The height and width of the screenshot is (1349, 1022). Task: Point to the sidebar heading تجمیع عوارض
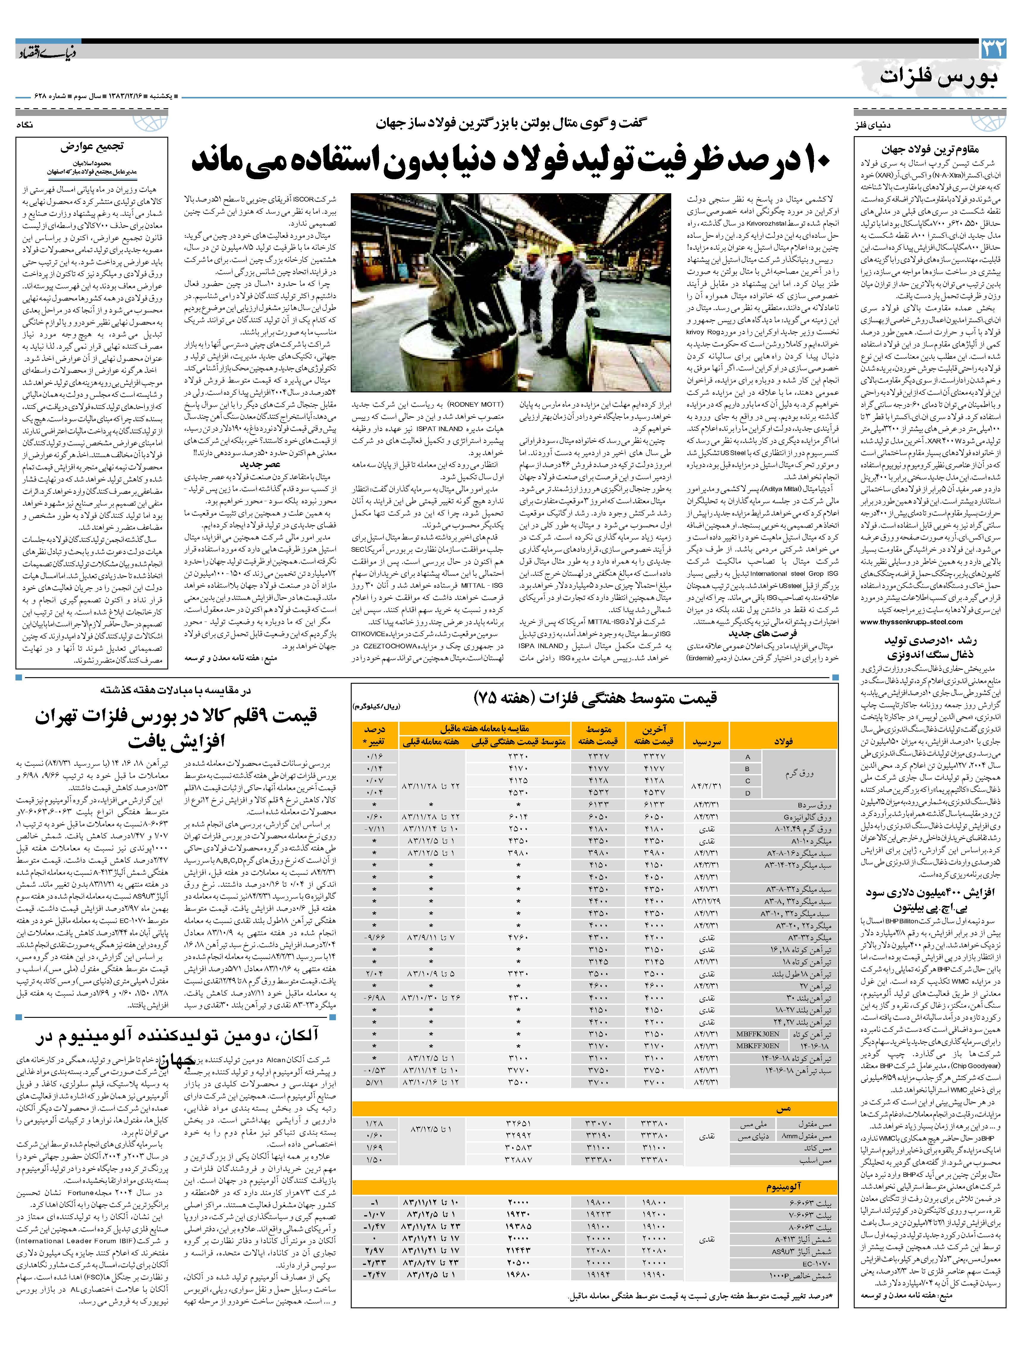pos(92,147)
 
